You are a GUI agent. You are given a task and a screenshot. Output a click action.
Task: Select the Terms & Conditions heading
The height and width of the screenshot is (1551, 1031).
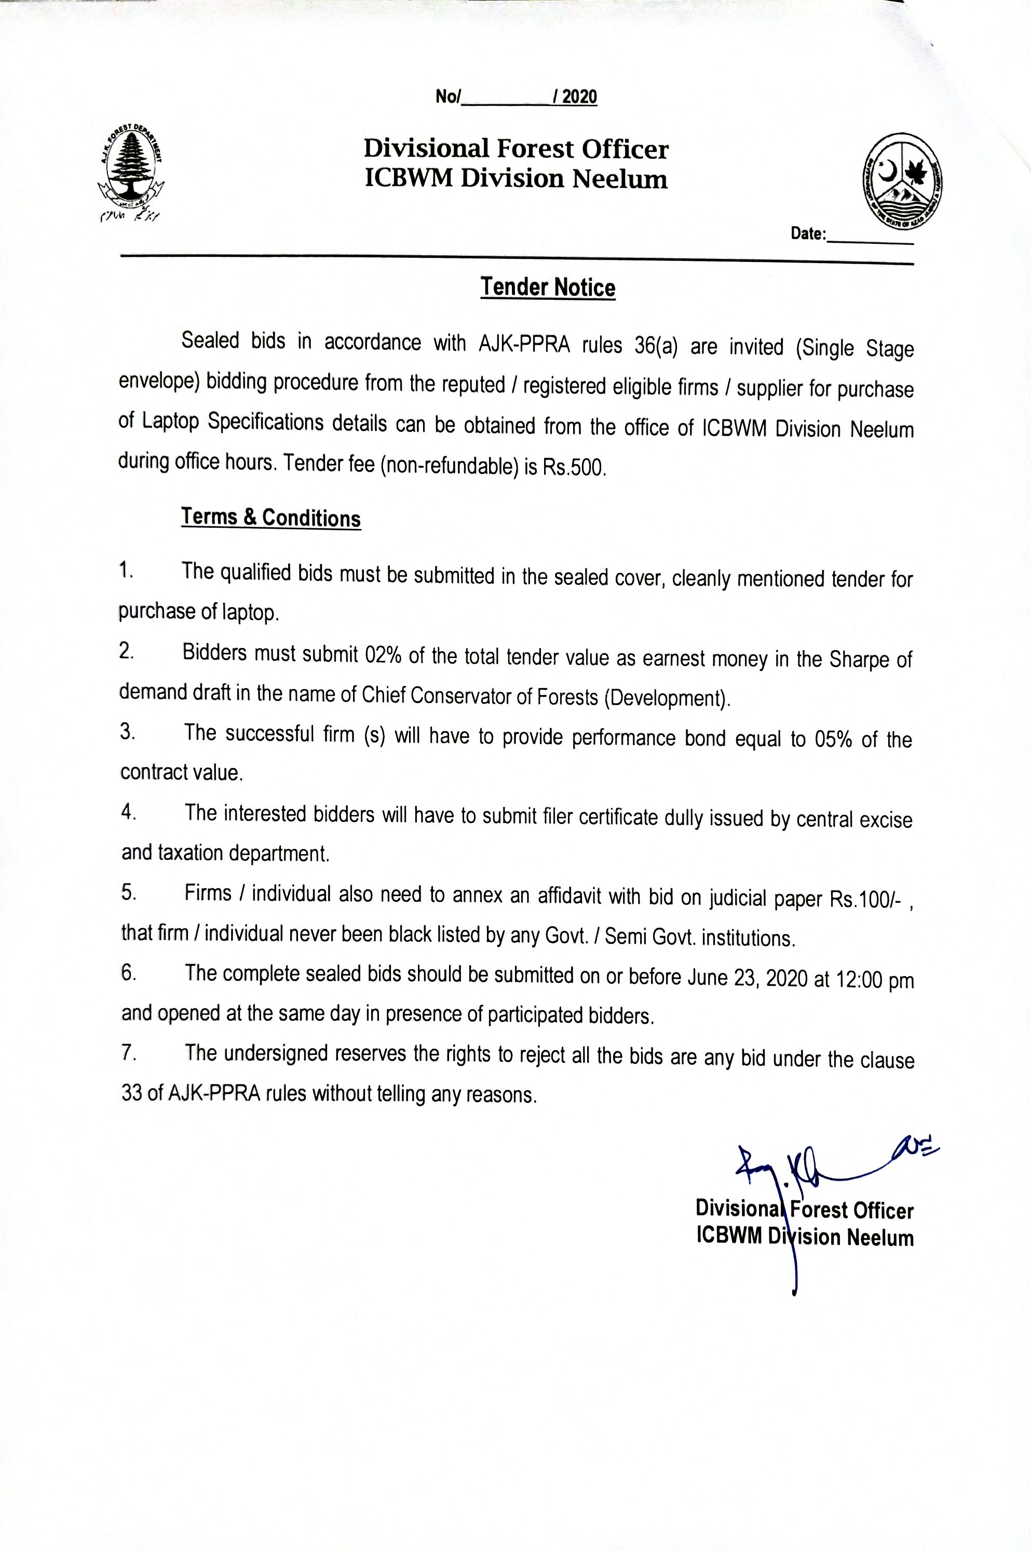click(x=271, y=517)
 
